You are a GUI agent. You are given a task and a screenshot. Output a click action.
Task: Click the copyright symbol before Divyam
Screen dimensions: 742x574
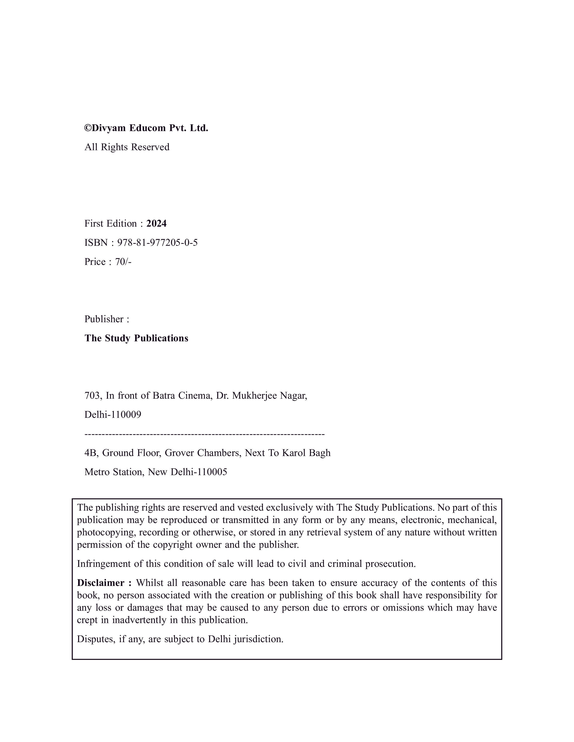point(88,128)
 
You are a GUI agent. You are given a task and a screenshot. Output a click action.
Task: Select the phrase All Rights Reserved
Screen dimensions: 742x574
point(127,147)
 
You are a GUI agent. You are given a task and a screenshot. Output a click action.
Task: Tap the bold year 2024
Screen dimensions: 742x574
point(156,223)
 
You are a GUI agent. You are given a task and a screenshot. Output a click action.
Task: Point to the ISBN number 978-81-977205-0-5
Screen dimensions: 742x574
point(157,243)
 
